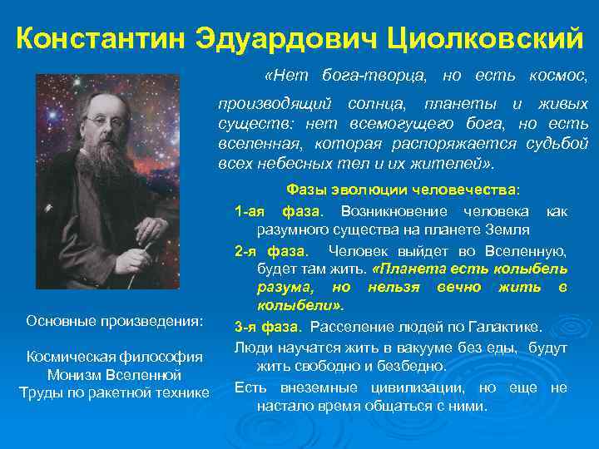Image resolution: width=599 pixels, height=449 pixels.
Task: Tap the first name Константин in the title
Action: coord(101,37)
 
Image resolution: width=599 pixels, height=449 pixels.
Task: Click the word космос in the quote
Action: coord(558,76)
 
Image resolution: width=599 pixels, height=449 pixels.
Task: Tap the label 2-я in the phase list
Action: coord(247,250)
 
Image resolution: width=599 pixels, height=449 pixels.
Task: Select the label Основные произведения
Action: coord(114,321)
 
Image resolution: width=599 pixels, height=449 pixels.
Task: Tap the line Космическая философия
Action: coord(114,357)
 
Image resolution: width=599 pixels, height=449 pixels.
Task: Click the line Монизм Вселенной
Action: coord(114,375)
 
